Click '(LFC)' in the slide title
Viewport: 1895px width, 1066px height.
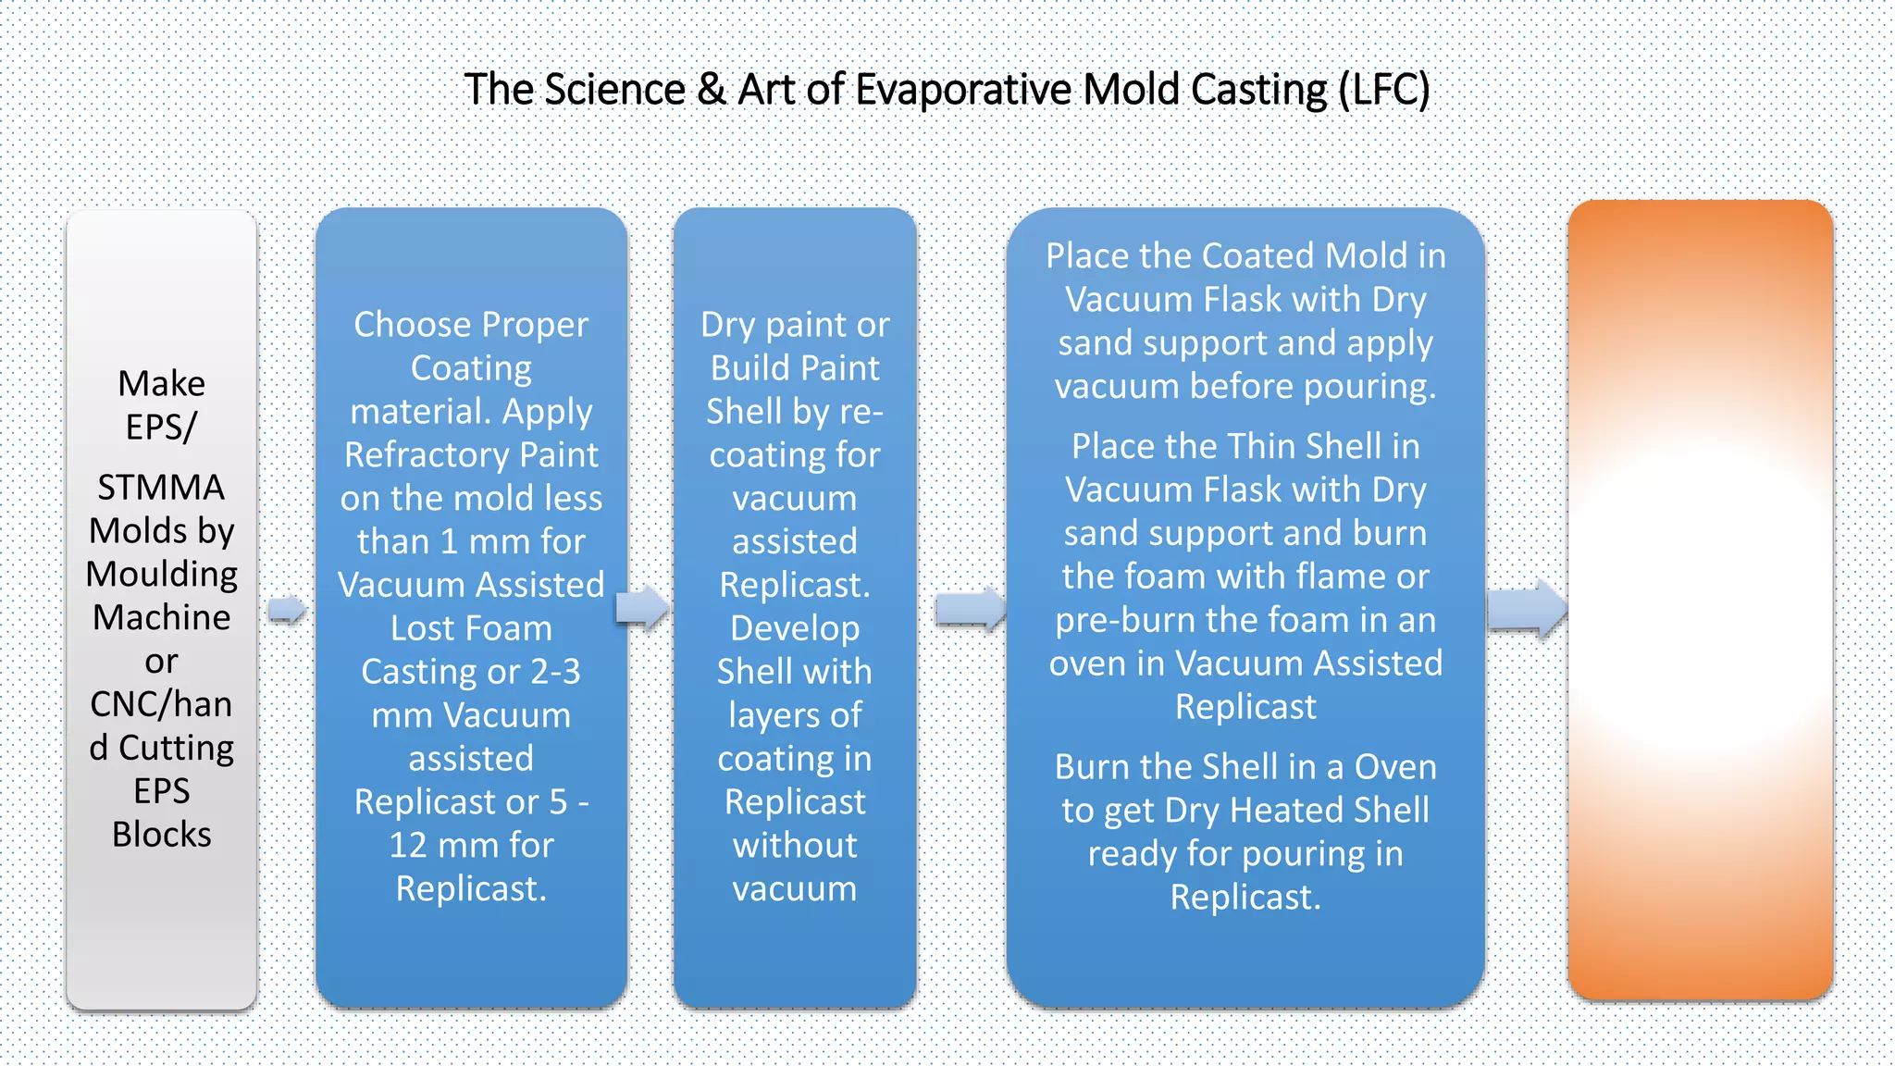pyautogui.click(x=1383, y=90)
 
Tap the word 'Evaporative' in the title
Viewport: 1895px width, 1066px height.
pyautogui.click(x=964, y=90)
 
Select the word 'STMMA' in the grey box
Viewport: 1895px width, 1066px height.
pyautogui.click(x=161, y=488)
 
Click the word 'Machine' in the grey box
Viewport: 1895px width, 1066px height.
pyautogui.click(x=161, y=617)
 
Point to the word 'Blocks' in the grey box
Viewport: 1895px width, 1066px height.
pyautogui.click(x=161, y=835)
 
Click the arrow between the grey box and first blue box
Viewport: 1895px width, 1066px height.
pyautogui.click(x=287, y=610)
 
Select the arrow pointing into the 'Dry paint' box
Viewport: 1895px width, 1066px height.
pyautogui.click(x=642, y=608)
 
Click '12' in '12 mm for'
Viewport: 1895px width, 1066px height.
pyautogui.click(x=407, y=846)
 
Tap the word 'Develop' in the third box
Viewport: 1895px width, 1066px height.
pyautogui.click(x=795, y=628)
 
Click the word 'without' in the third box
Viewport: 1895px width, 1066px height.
pyautogui.click(x=795, y=846)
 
